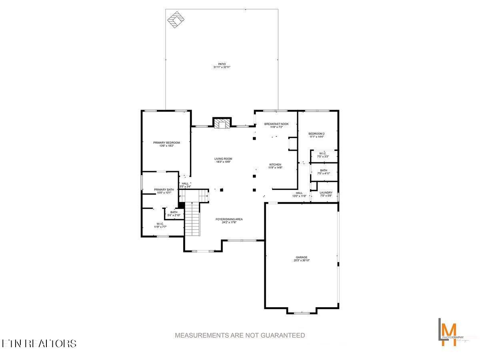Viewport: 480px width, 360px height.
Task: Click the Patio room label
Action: pos(222,64)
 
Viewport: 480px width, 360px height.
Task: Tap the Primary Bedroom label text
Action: pos(166,143)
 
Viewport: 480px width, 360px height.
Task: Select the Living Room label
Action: pos(223,159)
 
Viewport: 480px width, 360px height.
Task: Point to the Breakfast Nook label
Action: pos(276,124)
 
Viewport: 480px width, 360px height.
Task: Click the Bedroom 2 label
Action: pos(316,134)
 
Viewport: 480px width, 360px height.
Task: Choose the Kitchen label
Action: pos(275,164)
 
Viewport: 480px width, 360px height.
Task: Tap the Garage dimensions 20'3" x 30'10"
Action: pos(302,260)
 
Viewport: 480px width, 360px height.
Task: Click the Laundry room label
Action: pos(326,192)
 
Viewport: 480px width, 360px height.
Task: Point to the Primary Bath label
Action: pos(164,189)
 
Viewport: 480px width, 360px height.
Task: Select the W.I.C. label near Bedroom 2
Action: pos(323,154)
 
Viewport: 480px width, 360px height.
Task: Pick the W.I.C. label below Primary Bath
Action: pos(160,224)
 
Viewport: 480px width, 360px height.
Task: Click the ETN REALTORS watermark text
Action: pos(39,343)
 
